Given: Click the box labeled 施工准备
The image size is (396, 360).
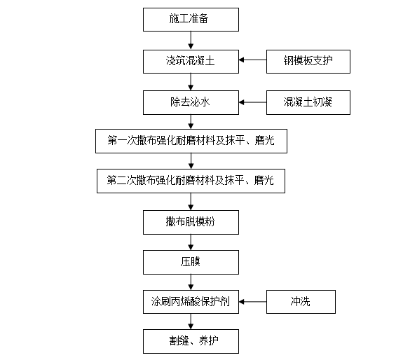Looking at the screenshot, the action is point(191,20).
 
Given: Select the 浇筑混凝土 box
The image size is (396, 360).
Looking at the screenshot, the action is point(191,62).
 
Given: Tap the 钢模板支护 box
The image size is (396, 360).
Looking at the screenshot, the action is point(308,62).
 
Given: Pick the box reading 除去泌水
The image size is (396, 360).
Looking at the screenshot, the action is point(191,103).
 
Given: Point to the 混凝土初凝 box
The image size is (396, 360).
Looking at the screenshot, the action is point(308,103).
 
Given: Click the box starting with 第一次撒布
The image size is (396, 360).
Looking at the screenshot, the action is point(191,141).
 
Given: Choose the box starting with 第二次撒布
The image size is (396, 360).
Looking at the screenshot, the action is point(191,181).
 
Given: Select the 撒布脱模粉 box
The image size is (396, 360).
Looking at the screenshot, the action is point(191,223).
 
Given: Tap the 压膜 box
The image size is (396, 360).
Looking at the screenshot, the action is point(191,263).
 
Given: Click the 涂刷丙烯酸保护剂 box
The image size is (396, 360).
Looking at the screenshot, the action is point(191,302).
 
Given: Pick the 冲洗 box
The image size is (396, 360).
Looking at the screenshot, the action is point(301,302).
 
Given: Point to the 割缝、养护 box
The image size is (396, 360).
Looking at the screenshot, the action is point(191,341).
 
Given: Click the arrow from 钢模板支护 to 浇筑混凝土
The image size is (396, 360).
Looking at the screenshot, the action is point(252,60).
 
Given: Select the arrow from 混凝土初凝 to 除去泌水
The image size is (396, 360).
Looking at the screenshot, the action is point(252,102).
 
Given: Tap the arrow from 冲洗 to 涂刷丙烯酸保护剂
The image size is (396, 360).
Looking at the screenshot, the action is point(252,302).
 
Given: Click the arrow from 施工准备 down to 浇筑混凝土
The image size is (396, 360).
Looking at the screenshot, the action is point(191,41).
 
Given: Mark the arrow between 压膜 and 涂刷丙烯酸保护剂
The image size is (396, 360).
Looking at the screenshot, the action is point(191,282).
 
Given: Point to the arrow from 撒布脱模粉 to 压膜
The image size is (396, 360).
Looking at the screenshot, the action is point(191,242).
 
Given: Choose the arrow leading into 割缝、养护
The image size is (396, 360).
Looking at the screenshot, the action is point(191,321).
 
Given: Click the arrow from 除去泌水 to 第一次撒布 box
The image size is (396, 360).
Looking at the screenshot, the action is point(191,122).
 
